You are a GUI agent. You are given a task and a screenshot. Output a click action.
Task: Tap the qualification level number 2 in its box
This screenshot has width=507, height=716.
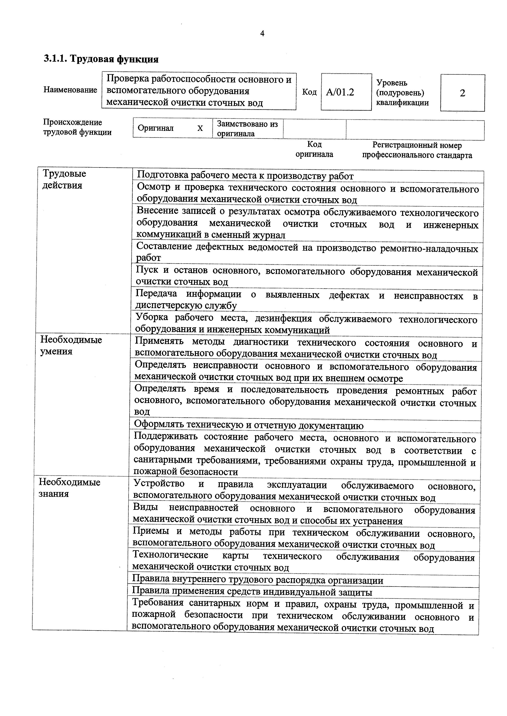[462, 93]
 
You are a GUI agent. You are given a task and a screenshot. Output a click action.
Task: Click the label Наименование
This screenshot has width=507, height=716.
[70, 90]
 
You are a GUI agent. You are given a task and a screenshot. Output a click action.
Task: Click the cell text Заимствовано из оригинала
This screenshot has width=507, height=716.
[247, 129]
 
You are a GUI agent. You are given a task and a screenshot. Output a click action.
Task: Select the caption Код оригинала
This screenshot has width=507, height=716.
[314, 149]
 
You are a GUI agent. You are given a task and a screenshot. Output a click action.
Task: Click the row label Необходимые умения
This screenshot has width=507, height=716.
[71, 345]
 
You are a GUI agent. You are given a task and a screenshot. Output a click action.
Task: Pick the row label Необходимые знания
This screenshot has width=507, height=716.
[69, 488]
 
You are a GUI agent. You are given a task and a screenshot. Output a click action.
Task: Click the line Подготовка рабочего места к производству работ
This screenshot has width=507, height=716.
[245, 176]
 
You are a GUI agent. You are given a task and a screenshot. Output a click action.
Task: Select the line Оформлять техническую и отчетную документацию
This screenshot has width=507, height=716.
[249, 426]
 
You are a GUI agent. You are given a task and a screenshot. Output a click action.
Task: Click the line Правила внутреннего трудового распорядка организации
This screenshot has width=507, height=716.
[258, 580]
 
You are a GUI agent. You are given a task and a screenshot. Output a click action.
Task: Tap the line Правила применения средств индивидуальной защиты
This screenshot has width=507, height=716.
[252, 592]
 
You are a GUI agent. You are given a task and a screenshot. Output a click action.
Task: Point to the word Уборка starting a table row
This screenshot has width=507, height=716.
[152, 317]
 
